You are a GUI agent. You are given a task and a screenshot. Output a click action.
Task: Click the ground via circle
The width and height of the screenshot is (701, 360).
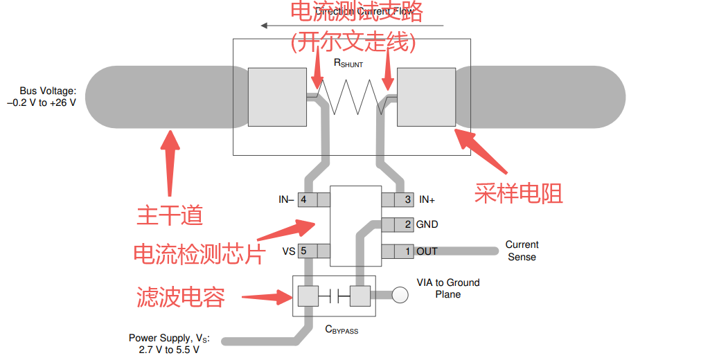click(401, 296)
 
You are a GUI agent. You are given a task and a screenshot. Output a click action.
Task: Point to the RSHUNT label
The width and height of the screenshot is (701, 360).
click(348, 63)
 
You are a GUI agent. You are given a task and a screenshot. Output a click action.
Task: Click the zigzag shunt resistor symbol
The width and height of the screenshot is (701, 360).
click(351, 96)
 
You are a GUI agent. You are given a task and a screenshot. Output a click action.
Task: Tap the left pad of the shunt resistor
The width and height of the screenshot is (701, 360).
click(276, 97)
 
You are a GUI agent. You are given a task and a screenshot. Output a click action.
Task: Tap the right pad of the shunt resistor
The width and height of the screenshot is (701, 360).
click(425, 97)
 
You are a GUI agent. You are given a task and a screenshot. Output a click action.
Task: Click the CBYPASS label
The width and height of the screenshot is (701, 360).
click(341, 330)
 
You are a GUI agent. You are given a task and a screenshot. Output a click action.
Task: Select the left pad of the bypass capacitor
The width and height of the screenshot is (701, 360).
click(307, 296)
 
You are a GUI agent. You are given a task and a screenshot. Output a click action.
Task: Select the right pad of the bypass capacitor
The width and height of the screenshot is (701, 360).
click(360, 296)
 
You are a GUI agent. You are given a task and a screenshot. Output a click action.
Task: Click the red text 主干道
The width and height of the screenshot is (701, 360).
click(170, 215)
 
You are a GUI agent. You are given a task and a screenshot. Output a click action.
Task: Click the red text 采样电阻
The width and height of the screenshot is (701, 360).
click(519, 192)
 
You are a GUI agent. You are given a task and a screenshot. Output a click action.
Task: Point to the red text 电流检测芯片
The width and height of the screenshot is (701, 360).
click(199, 253)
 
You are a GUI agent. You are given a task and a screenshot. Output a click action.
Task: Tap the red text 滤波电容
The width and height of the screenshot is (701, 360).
click(181, 297)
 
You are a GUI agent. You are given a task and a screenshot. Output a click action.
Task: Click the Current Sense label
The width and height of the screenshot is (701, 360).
click(522, 251)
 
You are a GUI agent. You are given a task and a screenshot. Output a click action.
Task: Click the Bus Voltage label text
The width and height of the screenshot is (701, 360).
click(46, 96)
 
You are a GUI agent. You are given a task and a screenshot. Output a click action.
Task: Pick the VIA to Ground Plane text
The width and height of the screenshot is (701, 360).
click(447, 288)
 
